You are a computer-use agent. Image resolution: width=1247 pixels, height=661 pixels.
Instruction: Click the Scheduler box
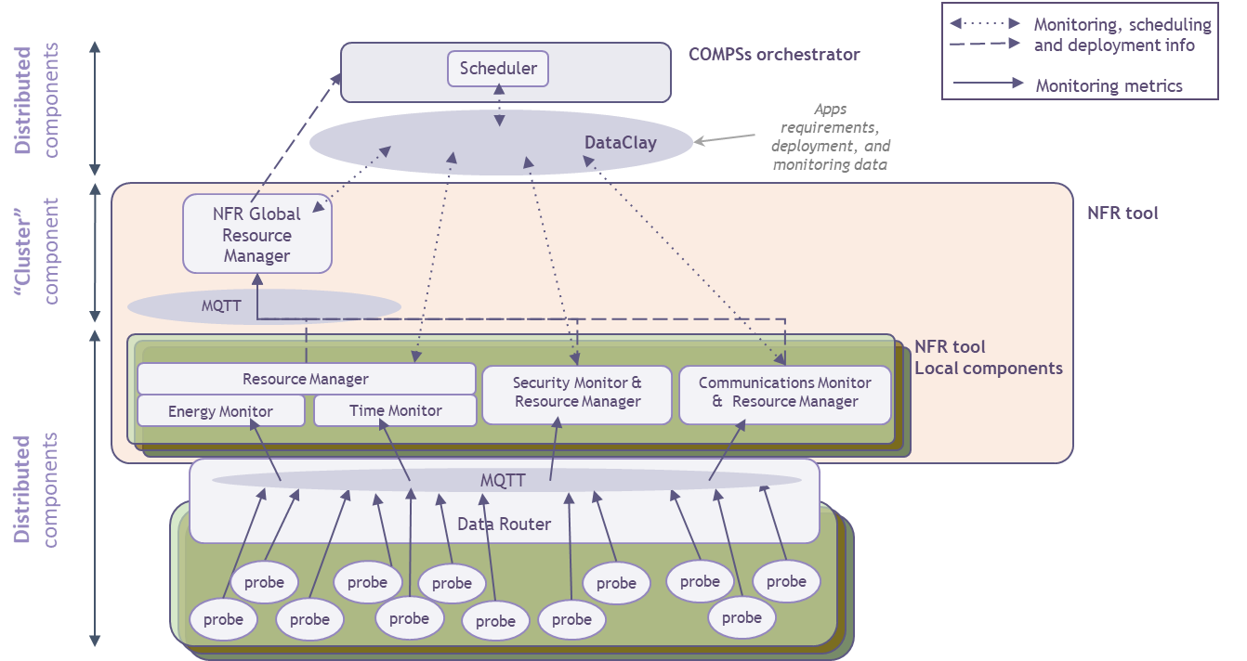[498, 69]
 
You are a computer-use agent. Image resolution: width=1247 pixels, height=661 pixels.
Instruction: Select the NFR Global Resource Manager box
[257, 234]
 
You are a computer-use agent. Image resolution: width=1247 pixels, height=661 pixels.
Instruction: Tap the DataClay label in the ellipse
[620, 142]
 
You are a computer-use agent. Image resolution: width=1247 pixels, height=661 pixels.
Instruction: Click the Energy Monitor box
[220, 410]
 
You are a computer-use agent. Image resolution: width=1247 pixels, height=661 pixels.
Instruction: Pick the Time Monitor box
[395, 410]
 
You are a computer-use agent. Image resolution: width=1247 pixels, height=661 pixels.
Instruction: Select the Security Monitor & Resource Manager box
[577, 393]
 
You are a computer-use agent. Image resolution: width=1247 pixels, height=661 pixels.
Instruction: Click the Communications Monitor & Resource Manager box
[784, 393]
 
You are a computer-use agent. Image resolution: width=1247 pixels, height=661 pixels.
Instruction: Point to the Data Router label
[504, 524]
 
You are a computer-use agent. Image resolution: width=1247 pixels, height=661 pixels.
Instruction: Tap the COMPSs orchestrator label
[773, 54]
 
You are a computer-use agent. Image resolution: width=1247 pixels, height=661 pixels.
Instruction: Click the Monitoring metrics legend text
[1109, 85]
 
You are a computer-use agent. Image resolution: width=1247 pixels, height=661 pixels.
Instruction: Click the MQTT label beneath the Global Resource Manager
[221, 305]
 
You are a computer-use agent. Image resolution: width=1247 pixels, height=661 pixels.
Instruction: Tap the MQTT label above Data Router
[503, 480]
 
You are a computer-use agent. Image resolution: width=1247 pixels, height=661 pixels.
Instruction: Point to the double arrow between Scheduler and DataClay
[500, 105]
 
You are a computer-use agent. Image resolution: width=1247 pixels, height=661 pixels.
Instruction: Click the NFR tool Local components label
[988, 357]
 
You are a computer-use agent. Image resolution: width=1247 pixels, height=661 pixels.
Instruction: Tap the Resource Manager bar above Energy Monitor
[305, 379]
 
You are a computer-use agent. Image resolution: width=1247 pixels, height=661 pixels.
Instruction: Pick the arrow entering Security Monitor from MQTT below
[555, 449]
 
